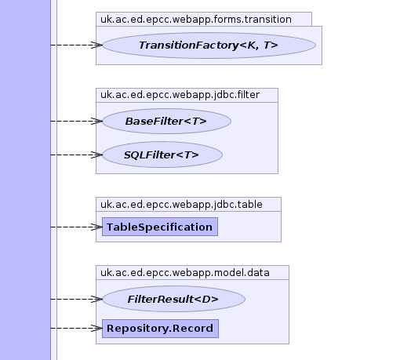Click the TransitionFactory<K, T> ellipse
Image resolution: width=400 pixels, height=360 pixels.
coord(209,45)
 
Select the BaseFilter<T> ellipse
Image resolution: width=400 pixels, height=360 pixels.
coord(166,121)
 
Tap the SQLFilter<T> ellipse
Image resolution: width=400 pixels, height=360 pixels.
coord(162,155)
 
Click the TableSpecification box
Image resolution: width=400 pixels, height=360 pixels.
coord(160,227)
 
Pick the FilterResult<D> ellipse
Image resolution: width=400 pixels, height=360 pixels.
coord(173,299)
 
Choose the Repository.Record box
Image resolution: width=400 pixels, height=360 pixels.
coord(160,329)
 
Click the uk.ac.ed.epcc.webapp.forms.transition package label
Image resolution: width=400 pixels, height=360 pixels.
coord(196,20)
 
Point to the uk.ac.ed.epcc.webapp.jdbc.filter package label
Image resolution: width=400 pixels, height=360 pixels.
coord(180,95)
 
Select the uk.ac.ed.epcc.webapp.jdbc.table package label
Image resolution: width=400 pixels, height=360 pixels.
coord(181,205)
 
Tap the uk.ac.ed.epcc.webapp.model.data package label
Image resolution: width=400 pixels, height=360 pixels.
coord(185,273)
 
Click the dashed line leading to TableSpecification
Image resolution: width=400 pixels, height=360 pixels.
coord(76,227)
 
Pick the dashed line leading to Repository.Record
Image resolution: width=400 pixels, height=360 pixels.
coord(76,329)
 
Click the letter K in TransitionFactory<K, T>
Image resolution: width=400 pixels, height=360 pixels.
coord(251,45)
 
